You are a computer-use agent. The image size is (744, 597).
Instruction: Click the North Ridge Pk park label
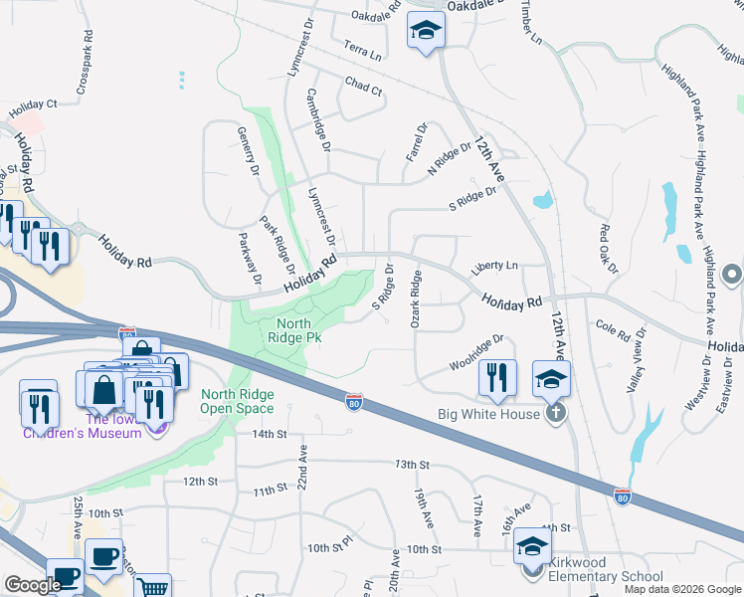pyautogui.click(x=293, y=330)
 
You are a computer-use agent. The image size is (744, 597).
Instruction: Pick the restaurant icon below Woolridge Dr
pyautogui.click(x=497, y=378)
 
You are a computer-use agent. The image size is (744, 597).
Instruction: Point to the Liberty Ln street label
pyautogui.click(x=495, y=267)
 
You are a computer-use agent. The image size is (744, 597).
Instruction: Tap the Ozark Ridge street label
pyautogui.click(x=417, y=299)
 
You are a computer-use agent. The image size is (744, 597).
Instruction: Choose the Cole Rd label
pyautogui.click(x=613, y=328)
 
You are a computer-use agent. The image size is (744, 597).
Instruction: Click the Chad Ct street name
pyautogui.click(x=363, y=88)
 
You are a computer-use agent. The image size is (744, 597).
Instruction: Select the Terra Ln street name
pyautogui.click(x=362, y=52)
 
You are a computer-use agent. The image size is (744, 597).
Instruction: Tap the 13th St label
pyautogui.click(x=411, y=465)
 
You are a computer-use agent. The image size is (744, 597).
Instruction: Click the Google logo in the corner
pyautogui.click(x=32, y=585)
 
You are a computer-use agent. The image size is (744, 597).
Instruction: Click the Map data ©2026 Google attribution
pyautogui.click(x=682, y=589)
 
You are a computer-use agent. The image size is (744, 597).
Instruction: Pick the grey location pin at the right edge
pyautogui.click(x=733, y=273)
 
